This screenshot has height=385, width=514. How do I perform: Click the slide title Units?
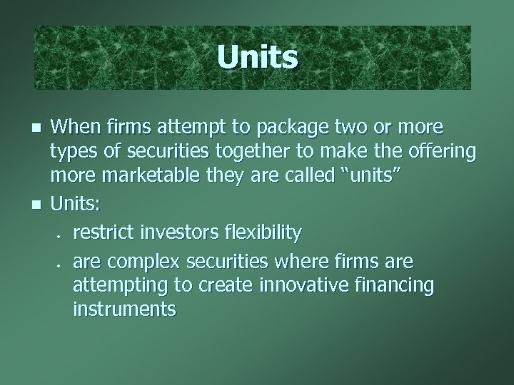tap(257, 58)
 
